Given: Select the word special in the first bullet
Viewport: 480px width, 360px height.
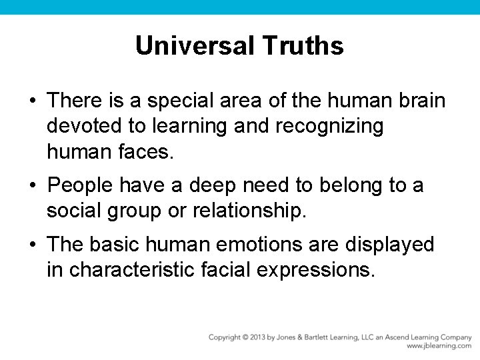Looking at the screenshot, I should (179, 101).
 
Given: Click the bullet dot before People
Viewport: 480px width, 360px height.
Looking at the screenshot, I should (33, 185).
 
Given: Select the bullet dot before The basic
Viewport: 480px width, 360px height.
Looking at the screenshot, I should (33, 245).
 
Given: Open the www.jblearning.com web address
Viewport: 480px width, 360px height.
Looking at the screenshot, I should (439, 346).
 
